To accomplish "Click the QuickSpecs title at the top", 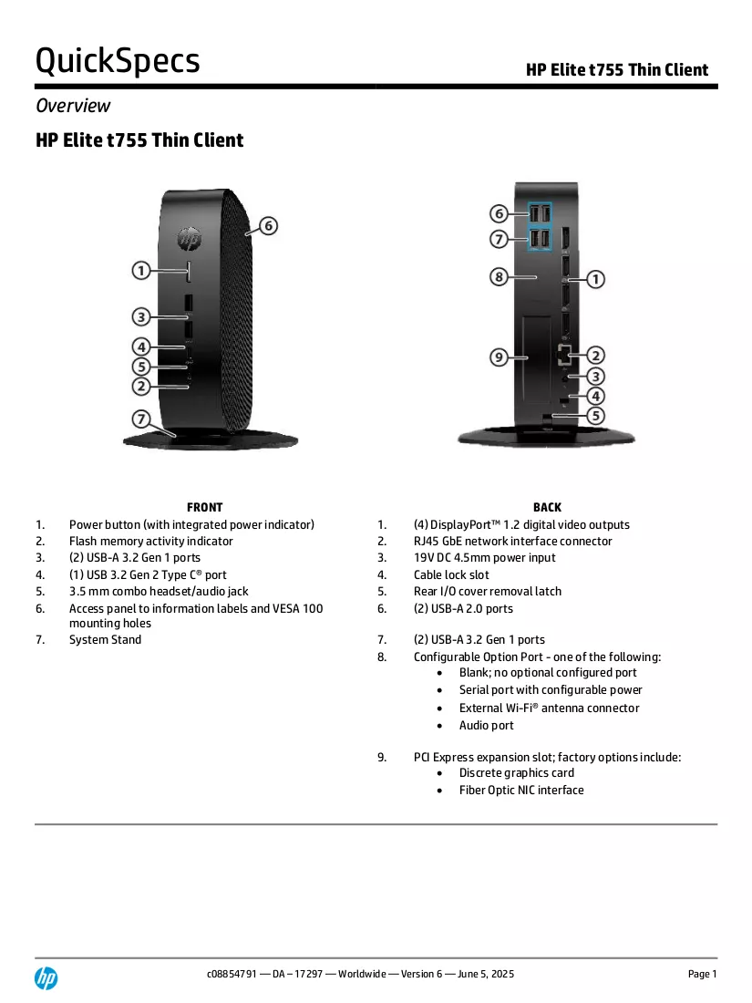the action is coord(118,61).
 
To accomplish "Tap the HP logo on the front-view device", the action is coord(190,239).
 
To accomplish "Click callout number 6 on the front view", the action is coord(269,226).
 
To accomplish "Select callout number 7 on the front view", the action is coord(140,419).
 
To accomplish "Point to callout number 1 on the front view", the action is coord(140,271).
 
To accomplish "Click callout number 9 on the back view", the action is coord(499,357).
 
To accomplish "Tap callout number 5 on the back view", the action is coord(595,416).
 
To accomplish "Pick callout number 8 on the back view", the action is coord(499,277).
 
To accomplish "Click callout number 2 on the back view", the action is coord(595,356).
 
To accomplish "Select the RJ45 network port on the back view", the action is coord(564,354).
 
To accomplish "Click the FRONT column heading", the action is coord(204,507).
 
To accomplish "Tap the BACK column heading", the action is coord(548,507).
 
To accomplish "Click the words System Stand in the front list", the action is coord(106,640).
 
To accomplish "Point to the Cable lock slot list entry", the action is coord(451,575).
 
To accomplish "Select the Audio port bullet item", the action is coord(486,726).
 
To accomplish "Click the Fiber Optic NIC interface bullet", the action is coord(521,790).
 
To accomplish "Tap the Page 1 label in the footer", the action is coord(702,974).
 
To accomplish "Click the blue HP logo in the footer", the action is coord(46,978).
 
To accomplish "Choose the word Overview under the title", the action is coord(73,106).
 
